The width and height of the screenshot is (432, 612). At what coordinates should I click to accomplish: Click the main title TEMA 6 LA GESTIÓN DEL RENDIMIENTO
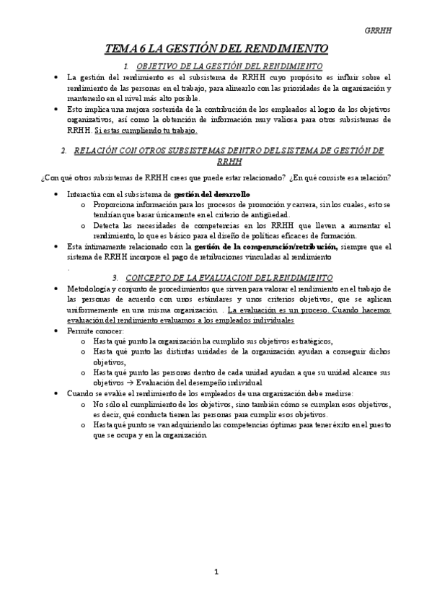[216, 48]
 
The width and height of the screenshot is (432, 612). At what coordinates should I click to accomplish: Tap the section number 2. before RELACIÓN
[64, 151]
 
